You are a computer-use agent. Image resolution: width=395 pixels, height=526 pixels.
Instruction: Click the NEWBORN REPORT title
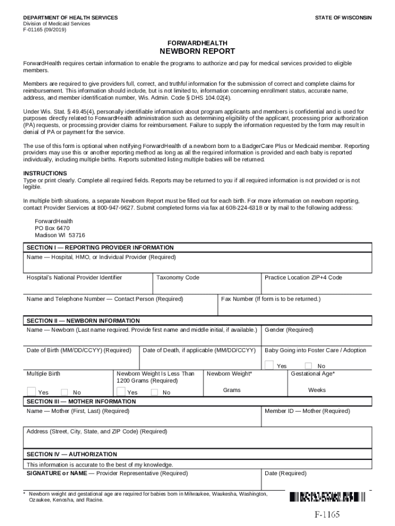pyautogui.click(x=197, y=51)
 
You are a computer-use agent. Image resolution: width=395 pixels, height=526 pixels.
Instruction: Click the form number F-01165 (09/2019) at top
pyautogui.click(x=45, y=30)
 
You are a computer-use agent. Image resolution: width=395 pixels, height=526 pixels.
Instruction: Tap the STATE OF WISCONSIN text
pyautogui.click(x=343, y=18)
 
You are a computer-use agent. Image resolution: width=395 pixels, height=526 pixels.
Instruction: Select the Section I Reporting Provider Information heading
pyautogui.click(x=100, y=248)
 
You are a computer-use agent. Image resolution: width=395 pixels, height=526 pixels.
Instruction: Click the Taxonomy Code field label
pyautogui.click(x=177, y=277)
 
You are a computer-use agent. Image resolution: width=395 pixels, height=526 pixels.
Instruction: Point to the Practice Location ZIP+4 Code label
pyautogui.click(x=303, y=277)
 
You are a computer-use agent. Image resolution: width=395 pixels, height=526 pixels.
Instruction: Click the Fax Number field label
pyautogui.click(x=270, y=299)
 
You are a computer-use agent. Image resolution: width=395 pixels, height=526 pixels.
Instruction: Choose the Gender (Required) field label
pyautogui.click(x=289, y=330)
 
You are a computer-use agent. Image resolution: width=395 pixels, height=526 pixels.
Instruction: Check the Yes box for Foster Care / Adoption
pyautogui.click(x=269, y=365)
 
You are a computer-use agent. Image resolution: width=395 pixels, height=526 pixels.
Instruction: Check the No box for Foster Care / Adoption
pyautogui.click(x=308, y=366)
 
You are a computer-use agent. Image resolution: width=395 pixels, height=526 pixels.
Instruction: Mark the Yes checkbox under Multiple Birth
pyautogui.click(x=31, y=392)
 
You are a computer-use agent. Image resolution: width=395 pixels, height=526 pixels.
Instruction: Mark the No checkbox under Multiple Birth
pyautogui.click(x=65, y=392)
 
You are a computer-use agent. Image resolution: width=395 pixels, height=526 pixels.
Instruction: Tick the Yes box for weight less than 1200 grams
pyautogui.click(x=121, y=392)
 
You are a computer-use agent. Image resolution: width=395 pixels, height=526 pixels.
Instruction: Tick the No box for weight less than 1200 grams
pyautogui.click(x=154, y=392)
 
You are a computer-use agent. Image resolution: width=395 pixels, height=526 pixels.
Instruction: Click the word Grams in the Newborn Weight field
pyautogui.click(x=231, y=390)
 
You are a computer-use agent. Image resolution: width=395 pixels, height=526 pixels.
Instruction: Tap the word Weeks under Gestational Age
pyautogui.click(x=317, y=390)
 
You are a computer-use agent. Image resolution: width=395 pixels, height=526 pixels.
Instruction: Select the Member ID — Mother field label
pyautogui.click(x=307, y=411)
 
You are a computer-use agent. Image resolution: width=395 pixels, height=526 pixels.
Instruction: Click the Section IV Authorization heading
pyautogui.click(x=72, y=454)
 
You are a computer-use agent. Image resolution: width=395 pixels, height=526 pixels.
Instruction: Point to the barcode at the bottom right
pyautogui.click(x=327, y=497)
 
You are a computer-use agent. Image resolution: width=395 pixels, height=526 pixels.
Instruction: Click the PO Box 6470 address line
pyautogui.click(x=52, y=228)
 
